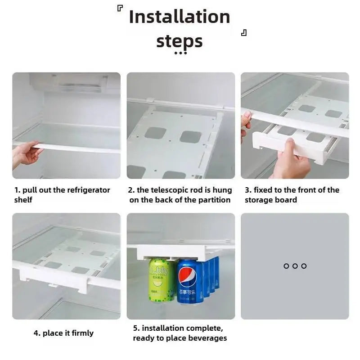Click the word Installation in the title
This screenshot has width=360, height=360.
pyautogui.click(x=180, y=17)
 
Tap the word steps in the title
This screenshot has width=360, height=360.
pyautogui.click(x=180, y=41)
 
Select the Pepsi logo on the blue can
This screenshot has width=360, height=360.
pyautogui.click(x=188, y=275)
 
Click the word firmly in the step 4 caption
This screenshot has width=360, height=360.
pyautogui.click(x=82, y=333)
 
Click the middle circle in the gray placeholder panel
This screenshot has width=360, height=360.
pyautogui.click(x=295, y=266)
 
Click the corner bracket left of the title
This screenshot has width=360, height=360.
pyautogui.click(x=120, y=8)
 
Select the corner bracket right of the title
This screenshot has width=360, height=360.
pyautogui.click(x=244, y=33)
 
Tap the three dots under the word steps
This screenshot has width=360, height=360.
pyautogui.click(x=181, y=53)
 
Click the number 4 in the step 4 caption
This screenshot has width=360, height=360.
pyautogui.click(x=36, y=333)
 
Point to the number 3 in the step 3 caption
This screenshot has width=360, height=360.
pyautogui.click(x=247, y=190)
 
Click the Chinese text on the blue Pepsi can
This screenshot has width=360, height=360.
pyautogui.click(x=187, y=292)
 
